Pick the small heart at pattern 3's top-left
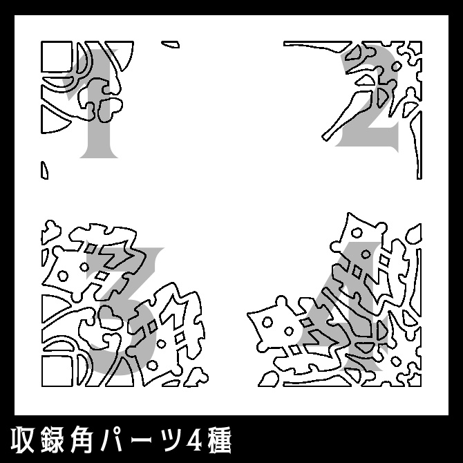[50, 226]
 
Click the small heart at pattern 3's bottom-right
[198, 377]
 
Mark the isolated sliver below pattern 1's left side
[45, 169]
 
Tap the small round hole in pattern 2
[397, 66]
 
